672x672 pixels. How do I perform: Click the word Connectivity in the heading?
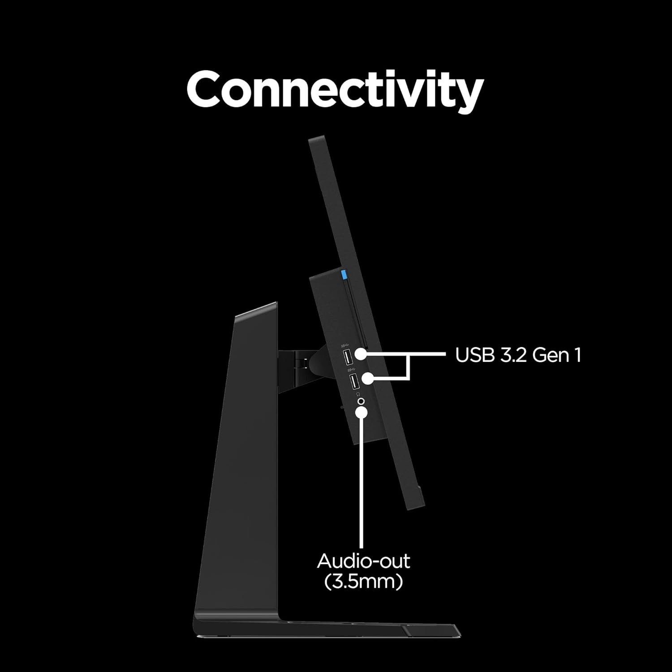pos(335,89)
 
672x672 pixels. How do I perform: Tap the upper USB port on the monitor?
pos(348,358)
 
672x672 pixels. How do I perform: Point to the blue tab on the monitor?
pos(344,273)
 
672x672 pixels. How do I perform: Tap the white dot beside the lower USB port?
pos(367,379)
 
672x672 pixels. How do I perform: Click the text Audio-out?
pos(363,561)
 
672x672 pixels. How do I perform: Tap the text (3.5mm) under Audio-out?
pos(363,582)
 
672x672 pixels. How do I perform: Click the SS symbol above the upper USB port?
pos(345,345)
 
